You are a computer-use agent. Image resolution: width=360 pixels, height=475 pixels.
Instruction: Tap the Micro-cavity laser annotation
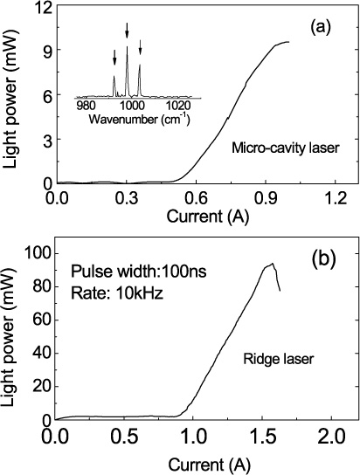pyautogui.click(x=284, y=149)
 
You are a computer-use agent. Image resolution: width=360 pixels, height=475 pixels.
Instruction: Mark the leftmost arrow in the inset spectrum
pyautogui.click(x=114, y=57)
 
